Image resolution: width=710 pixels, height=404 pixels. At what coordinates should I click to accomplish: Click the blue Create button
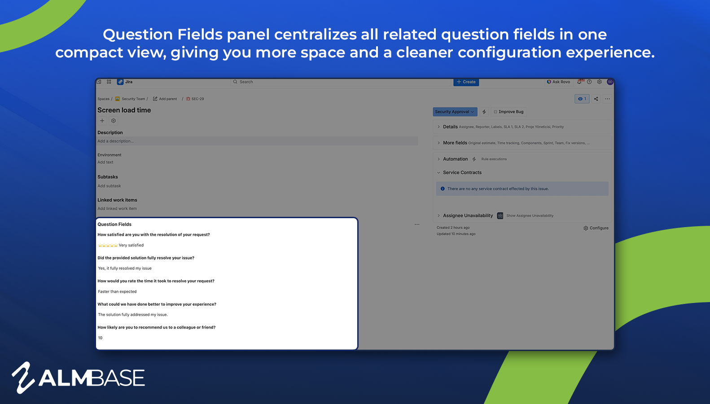(466, 82)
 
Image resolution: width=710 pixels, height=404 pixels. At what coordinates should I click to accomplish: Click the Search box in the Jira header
(341, 82)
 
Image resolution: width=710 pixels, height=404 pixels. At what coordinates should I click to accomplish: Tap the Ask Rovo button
(558, 82)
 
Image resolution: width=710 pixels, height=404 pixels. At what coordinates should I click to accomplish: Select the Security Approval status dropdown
(454, 112)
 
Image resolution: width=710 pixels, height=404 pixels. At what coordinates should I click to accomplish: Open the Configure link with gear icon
(596, 228)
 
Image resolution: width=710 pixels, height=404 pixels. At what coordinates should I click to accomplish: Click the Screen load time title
(124, 110)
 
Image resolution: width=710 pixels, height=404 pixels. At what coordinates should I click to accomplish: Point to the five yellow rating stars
(108, 245)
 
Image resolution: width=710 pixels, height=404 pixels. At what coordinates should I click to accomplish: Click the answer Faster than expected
(117, 292)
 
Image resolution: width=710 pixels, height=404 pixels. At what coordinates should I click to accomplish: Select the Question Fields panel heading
(114, 224)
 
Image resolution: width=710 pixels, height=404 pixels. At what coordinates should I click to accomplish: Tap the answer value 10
(100, 338)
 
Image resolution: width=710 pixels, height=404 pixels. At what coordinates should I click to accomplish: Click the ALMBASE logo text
(92, 378)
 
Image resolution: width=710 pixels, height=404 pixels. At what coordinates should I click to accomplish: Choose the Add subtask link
(110, 186)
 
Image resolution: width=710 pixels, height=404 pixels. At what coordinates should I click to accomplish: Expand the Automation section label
(455, 159)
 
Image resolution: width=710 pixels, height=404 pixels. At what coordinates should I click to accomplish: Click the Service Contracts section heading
(462, 172)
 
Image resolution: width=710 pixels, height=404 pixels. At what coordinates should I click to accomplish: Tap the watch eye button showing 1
(582, 99)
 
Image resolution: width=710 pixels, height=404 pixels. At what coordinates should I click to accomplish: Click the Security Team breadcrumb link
(133, 99)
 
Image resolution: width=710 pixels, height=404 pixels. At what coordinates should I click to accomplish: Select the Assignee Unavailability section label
(468, 215)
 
